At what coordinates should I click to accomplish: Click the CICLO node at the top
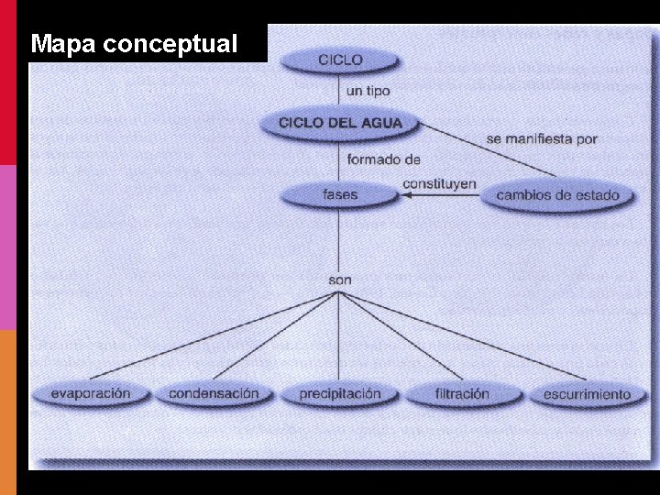click(340, 60)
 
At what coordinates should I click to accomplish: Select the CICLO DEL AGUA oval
click(340, 123)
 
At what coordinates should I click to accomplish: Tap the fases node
click(340, 194)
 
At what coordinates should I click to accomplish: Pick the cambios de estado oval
click(557, 194)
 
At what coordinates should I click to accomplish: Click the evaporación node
click(90, 393)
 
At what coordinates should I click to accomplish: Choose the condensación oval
click(214, 393)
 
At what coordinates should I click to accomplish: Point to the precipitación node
click(340, 394)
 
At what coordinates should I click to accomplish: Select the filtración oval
click(462, 394)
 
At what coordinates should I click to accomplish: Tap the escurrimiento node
click(587, 394)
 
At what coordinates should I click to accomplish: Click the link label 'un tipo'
click(368, 91)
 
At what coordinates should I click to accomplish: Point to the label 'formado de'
click(383, 159)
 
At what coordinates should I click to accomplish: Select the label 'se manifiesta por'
click(541, 139)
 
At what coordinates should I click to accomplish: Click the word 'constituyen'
click(439, 183)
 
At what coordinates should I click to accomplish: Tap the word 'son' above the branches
click(339, 279)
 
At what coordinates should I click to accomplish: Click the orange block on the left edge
click(8, 412)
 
